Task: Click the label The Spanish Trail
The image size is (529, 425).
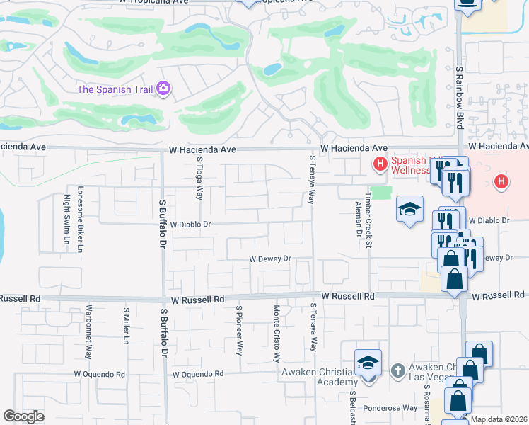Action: (x=116, y=89)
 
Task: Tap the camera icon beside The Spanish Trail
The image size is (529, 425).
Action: (x=164, y=89)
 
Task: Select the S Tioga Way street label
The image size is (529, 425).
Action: (x=199, y=178)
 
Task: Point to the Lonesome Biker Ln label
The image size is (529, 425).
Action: (x=81, y=220)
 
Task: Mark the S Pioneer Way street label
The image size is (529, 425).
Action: (x=239, y=329)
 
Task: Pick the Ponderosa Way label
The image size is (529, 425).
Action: (x=390, y=408)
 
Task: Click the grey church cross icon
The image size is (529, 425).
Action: (x=398, y=370)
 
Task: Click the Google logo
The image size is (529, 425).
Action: (x=24, y=416)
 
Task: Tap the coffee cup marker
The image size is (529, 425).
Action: (x=467, y=4)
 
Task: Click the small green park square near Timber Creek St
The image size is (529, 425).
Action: (x=381, y=193)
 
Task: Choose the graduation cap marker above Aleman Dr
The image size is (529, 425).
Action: (x=409, y=209)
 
